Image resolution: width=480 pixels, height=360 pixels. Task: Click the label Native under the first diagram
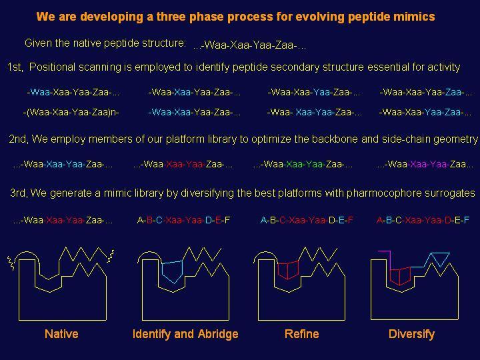tap(61, 334)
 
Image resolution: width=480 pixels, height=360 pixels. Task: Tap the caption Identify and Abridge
tap(185, 334)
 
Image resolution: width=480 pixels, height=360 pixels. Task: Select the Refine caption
tap(301, 334)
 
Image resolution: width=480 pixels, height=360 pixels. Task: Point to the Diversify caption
tap(411, 334)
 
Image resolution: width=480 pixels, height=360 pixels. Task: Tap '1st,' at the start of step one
tap(15, 67)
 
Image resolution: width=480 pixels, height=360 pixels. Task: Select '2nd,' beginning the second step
tap(18, 139)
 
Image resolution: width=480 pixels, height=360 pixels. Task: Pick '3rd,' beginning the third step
tap(19, 193)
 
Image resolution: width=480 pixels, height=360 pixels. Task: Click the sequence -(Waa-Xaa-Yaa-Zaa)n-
tap(71, 113)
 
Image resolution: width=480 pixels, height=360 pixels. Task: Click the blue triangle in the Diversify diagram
tap(440, 259)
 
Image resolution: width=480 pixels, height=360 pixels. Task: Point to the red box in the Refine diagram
tap(288, 270)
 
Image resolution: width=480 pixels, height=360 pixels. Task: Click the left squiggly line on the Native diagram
tap(11, 263)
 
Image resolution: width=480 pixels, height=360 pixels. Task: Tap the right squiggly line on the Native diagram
tap(111, 257)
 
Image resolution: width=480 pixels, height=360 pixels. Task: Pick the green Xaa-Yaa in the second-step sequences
tap(305, 165)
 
